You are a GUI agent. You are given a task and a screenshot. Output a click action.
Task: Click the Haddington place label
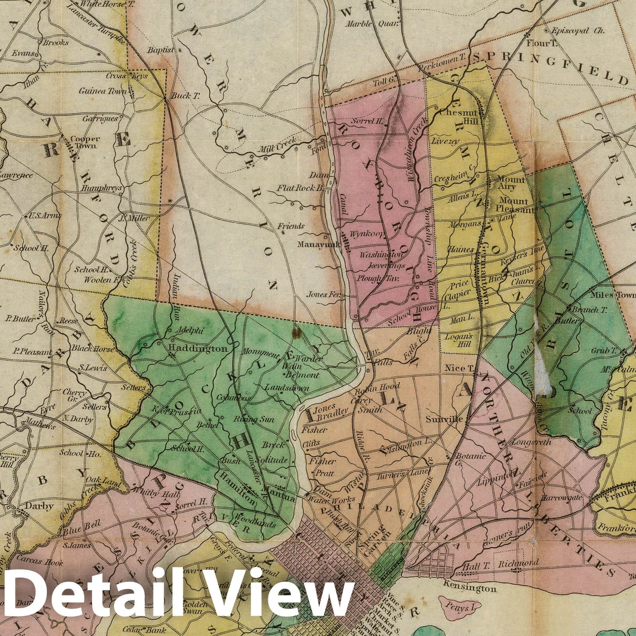tap(198, 349)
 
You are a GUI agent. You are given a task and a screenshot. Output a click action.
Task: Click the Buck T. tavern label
tap(182, 96)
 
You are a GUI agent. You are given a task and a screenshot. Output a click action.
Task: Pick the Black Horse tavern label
tap(92, 349)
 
